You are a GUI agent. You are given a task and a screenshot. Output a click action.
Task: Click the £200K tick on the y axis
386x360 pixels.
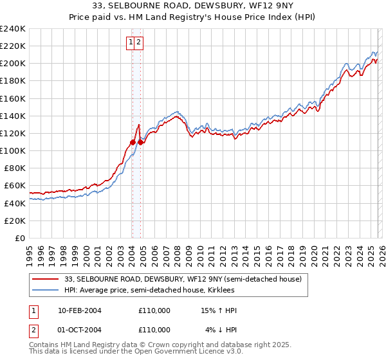[x=13, y=64]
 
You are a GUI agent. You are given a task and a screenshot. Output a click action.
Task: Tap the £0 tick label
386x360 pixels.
[x=21, y=238]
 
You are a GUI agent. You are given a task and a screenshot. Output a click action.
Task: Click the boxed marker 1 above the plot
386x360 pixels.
[x=131, y=43]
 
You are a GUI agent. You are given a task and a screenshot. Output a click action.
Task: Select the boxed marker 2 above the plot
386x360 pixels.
[x=138, y=43]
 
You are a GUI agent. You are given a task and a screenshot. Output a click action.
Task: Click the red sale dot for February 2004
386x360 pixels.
[x=133, y=142]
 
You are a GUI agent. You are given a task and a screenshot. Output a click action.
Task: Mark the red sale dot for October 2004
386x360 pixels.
[x=140, y=142]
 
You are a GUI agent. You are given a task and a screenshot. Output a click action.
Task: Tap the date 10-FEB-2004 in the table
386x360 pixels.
[x=79, y=310]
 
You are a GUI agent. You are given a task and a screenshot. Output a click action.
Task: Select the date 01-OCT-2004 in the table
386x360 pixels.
[x=79, y=330]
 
